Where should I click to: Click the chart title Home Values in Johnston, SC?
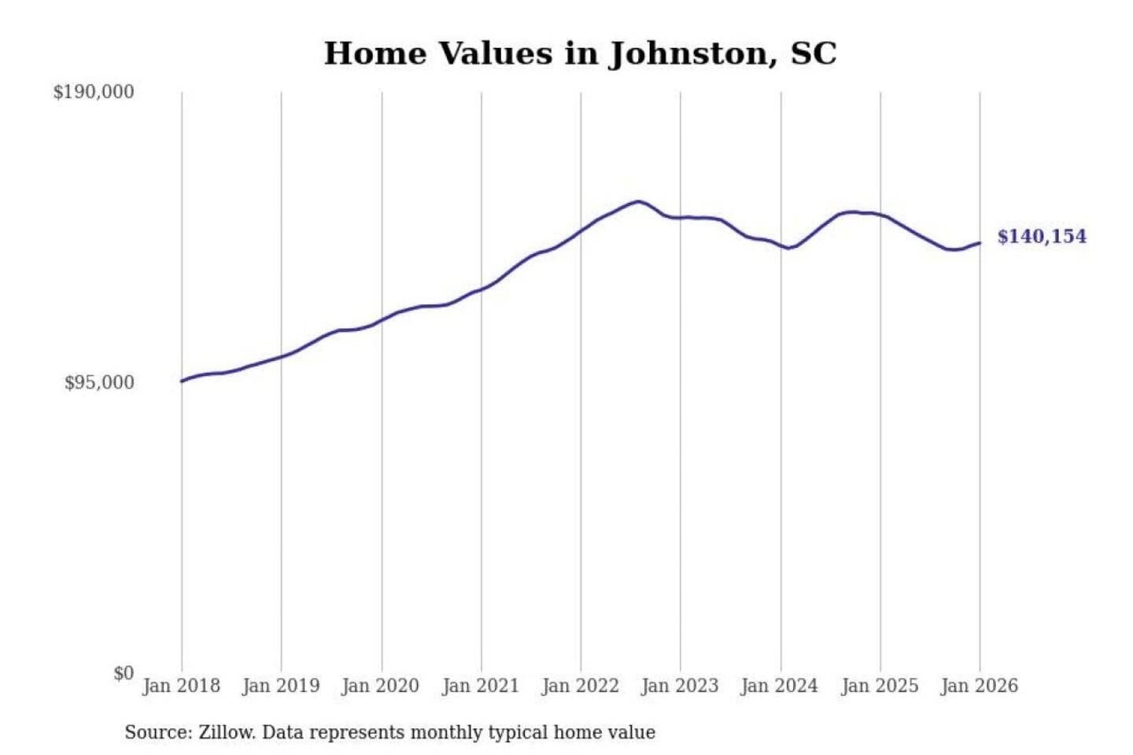point(580,53)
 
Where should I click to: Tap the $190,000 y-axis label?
point(94,92)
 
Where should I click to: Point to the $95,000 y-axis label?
point(99,383)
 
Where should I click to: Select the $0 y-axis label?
point(124,673)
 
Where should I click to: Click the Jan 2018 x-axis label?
point(182,686)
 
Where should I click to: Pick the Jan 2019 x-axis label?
point(281,686)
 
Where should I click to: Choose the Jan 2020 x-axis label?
point(381,686)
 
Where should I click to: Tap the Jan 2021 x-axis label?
point(481,686)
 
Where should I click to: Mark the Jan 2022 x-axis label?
point(581,686)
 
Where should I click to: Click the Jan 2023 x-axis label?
point(681,686)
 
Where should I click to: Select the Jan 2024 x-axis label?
point(780,686)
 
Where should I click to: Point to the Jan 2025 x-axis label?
point(880,686)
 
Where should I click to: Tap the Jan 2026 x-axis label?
point(980,686)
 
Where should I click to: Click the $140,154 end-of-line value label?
point(1042,237)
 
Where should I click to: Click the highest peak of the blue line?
point(639,201)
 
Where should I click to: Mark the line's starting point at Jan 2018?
point(183,381)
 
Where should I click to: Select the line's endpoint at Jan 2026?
point(980,243)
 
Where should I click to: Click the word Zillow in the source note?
point(227,733)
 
